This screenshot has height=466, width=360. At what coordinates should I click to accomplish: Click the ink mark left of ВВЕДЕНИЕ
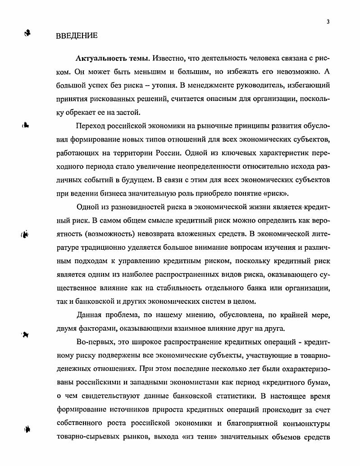(x=27, y=33)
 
